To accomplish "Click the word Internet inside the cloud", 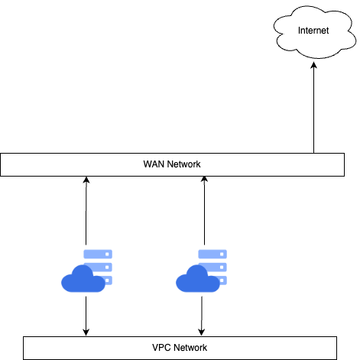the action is [x=313, y=31].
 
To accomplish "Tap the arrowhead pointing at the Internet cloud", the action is [x=313, y=65].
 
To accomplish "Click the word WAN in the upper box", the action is [x=153, y=164].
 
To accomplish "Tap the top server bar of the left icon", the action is [x=98, y=254].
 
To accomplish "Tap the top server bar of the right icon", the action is [x=212, y=254].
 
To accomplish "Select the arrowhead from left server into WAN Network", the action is [x=86, y=180].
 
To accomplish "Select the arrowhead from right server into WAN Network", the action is [x=204, y=180].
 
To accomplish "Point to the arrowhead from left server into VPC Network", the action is [x=86, y=332].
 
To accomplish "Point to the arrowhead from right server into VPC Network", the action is [x=202, y=332].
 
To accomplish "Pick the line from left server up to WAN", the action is [x=86, y=211].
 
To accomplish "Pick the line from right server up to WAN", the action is [x=204, y=210].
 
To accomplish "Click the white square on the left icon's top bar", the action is [x=107, y=255].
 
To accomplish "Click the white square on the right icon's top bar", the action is [x=222, y=255].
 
